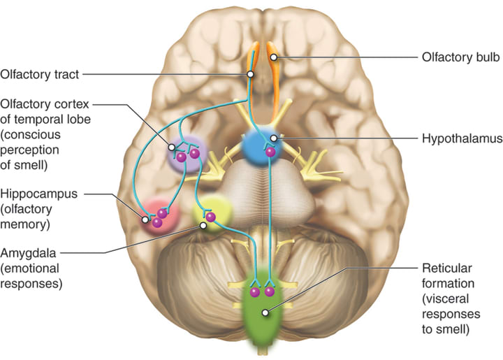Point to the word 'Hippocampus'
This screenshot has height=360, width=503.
coord(39,193)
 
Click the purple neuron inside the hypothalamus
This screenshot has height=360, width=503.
coord(269,152)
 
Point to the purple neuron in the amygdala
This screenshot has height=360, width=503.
coord(210,217)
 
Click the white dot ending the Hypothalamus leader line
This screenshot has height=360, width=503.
coord(275,139)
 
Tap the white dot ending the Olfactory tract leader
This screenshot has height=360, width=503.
coord(249,73)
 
